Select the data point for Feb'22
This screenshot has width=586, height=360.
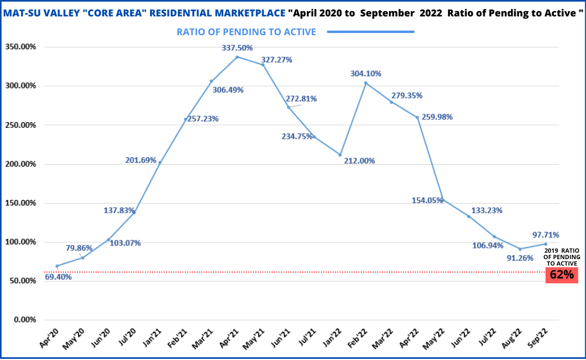pos(365,83)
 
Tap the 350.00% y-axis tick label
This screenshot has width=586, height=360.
pos(21,47)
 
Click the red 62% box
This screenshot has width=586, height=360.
pos(561,274)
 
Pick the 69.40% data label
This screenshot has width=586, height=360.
pos(58,277)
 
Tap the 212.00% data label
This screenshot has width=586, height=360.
pos(360,161)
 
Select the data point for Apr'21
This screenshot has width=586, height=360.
pos(237,57)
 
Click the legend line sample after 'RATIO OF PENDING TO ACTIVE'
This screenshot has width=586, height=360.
pos(370,32)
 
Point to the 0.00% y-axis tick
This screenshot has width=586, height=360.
pos(25,320)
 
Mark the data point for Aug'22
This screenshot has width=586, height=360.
pos(520,249)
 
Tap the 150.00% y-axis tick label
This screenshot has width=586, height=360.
pos(21,203)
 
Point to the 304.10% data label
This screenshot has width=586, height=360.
pos(365,74)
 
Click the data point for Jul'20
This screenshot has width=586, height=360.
pos(134,212)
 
